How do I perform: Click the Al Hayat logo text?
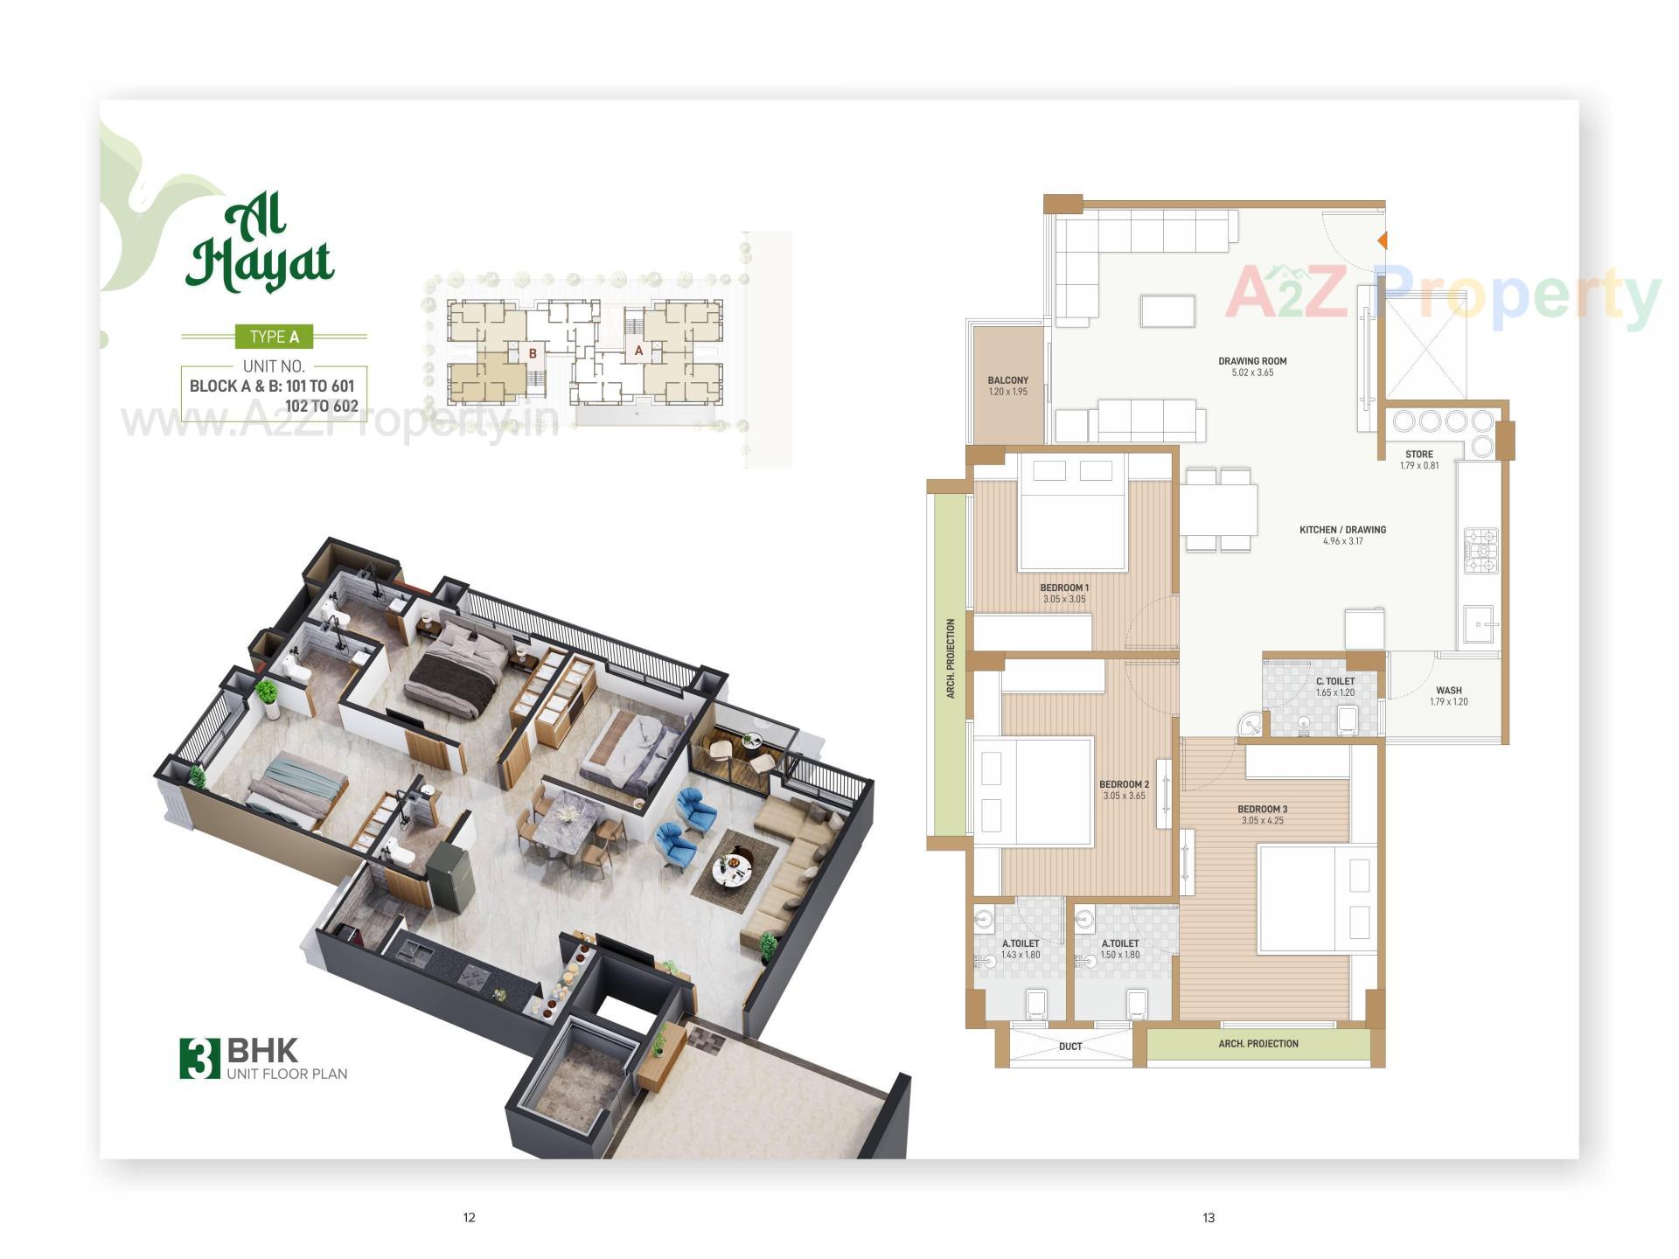pyautogui.click(x=260, y=248)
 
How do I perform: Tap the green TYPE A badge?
pyautogui.click(x=274, y=337)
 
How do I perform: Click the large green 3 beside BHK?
pyautogui.click(x=199, y=1058)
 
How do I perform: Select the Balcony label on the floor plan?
pyautogui.click(x=1007, y=380)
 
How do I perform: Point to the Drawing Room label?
pyautogui.click(x=1252, y=361)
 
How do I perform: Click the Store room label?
pyautogui.click(x=1418, y=455)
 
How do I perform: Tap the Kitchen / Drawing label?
pyautogui.click(x=1342, y=530)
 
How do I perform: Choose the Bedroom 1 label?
pyautogui.click(x=1064, y=588)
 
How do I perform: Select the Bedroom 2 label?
pyautogui.click(x=1124, y=784)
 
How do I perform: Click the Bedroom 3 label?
pyautogui.click(x=1262, y=809)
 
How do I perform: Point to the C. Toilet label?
pyautogui.click(x=1335, y=681)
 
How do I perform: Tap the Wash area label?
pyautogui.click(x=1448, y=691)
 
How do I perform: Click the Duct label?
pyautogui.click(x=1069, y=1047)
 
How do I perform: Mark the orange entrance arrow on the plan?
pyautogui.click(x=1382, y=240)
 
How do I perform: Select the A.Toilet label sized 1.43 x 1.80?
pyautogui.click(x=1021, y=943)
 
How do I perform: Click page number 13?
pyautogui.click(x=1209, y=1217)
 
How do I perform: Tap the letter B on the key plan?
pyautogui.click(x=533, y=354)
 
